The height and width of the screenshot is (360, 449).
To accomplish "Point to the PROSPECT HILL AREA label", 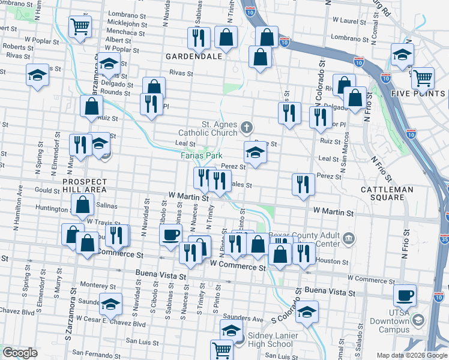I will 85,185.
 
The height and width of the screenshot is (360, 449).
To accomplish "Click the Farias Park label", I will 202,155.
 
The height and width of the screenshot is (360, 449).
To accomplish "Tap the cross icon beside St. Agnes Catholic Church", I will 246,127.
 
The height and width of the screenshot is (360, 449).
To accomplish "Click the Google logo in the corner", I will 19,353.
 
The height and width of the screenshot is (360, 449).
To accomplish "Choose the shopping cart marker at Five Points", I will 423,77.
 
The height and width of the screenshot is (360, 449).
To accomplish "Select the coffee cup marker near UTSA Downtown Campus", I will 404,295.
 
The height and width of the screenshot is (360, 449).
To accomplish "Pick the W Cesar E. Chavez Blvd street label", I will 116,324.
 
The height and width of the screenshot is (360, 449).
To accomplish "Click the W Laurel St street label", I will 350,20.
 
